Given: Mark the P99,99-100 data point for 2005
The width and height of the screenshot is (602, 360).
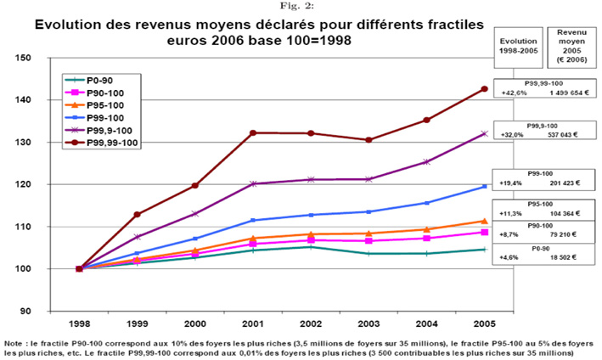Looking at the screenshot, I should pyautogui.click(x=485, y=88).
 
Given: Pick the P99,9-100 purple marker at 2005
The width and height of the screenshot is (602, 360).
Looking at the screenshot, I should pyautogui.click(x=485, y=133).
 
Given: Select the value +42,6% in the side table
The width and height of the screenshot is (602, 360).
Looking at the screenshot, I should pyautogui.click(x=515, y=93).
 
